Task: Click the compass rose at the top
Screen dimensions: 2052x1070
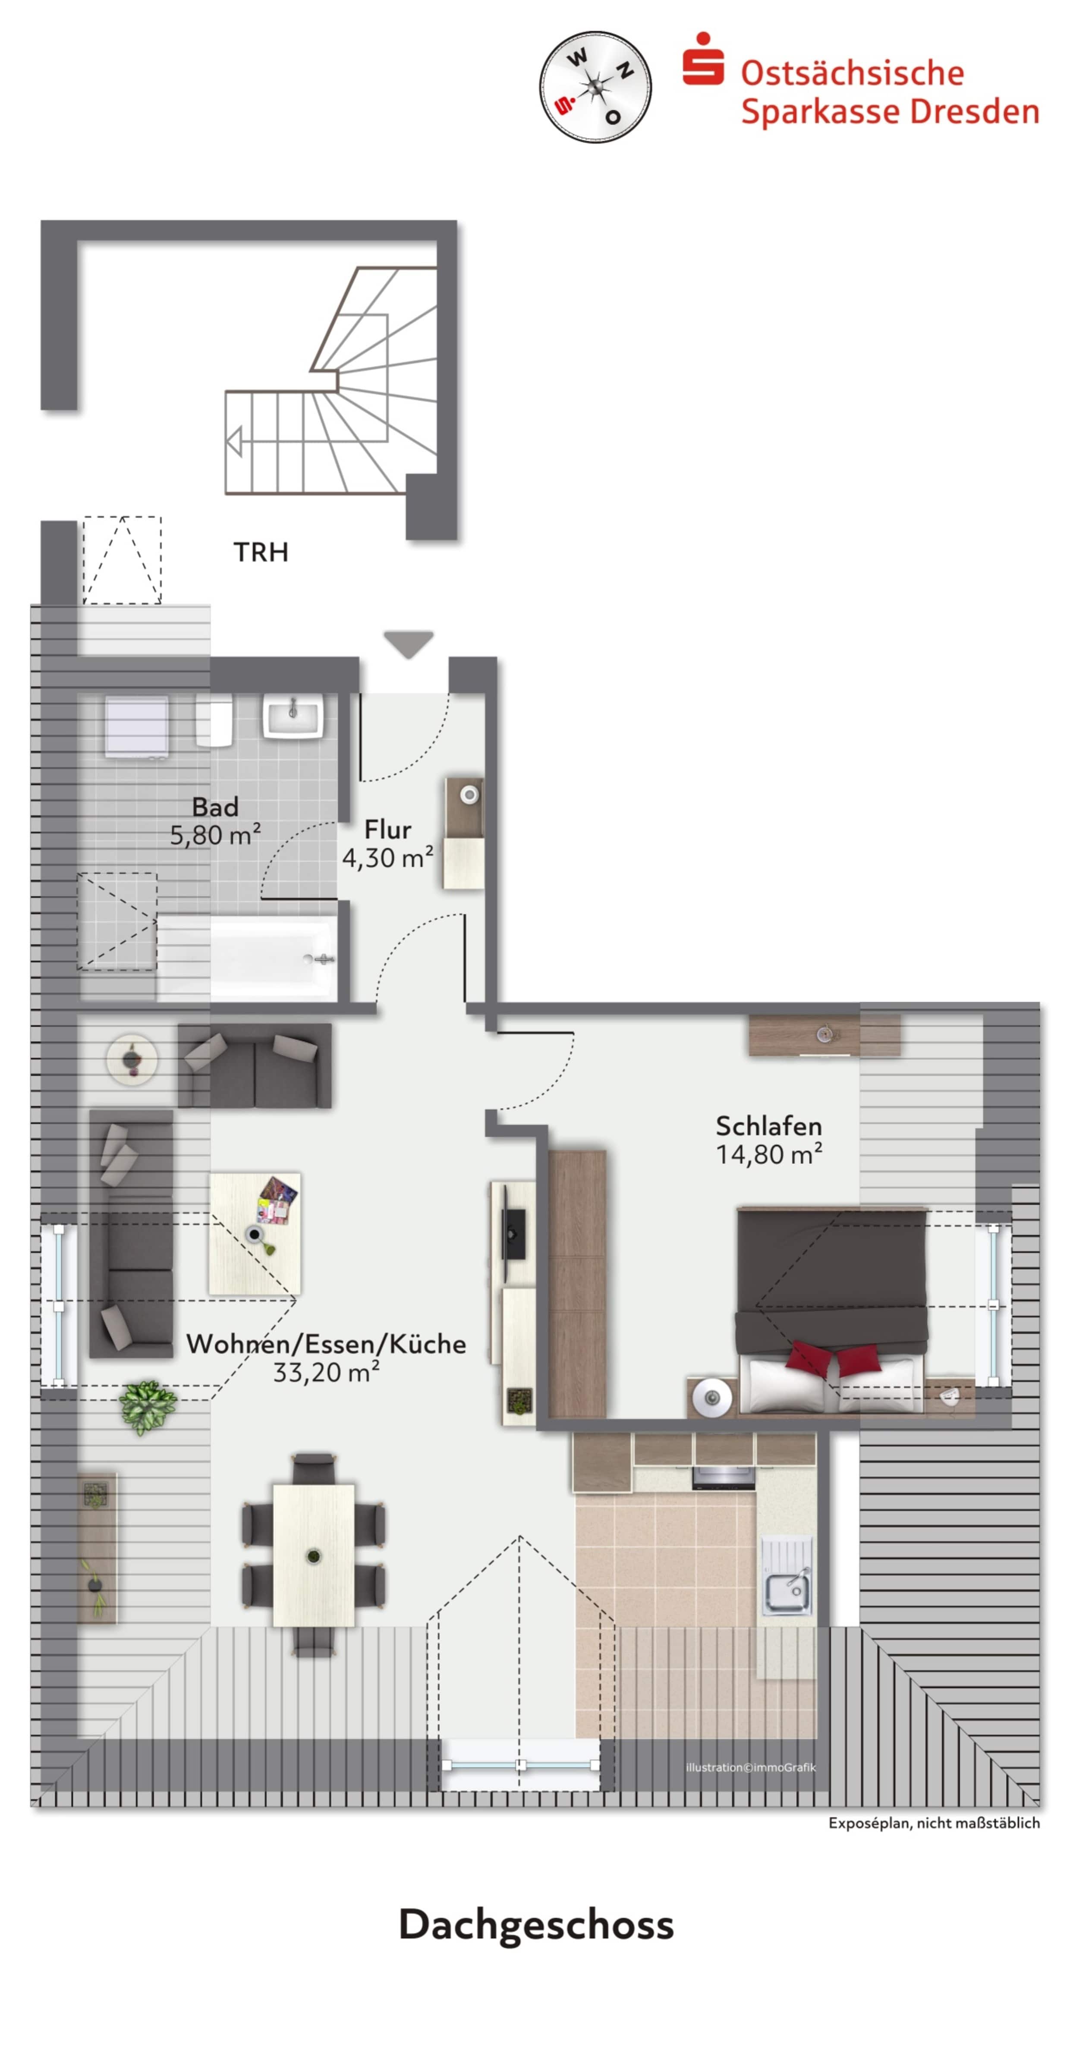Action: tap(595, 87)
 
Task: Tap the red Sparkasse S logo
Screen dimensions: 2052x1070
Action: tap(703, 60)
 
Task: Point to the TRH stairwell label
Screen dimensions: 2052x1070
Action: tap(261, 552)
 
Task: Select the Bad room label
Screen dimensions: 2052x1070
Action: tap(215, 807)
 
